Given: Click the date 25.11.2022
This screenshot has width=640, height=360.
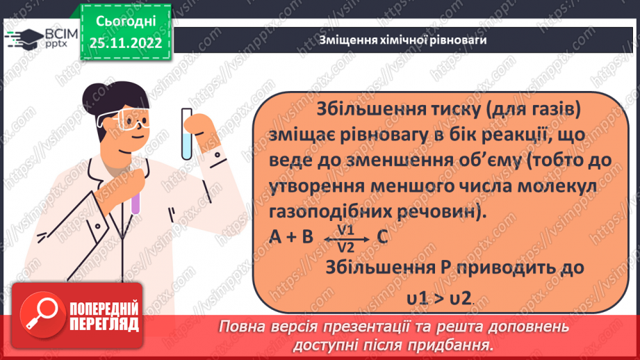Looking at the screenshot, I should coord(126,42).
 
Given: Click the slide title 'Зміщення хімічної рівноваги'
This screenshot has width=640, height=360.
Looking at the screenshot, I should coord(402,40).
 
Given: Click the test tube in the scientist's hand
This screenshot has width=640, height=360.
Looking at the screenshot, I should coord(187,132).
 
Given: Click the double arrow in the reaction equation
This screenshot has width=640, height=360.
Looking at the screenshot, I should coord(345,238).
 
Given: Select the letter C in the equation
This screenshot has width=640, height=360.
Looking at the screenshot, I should coord(381,238).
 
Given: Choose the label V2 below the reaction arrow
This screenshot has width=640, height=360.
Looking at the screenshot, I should coord(345,245).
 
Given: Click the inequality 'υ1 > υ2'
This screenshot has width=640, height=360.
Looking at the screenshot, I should coord(438,298).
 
